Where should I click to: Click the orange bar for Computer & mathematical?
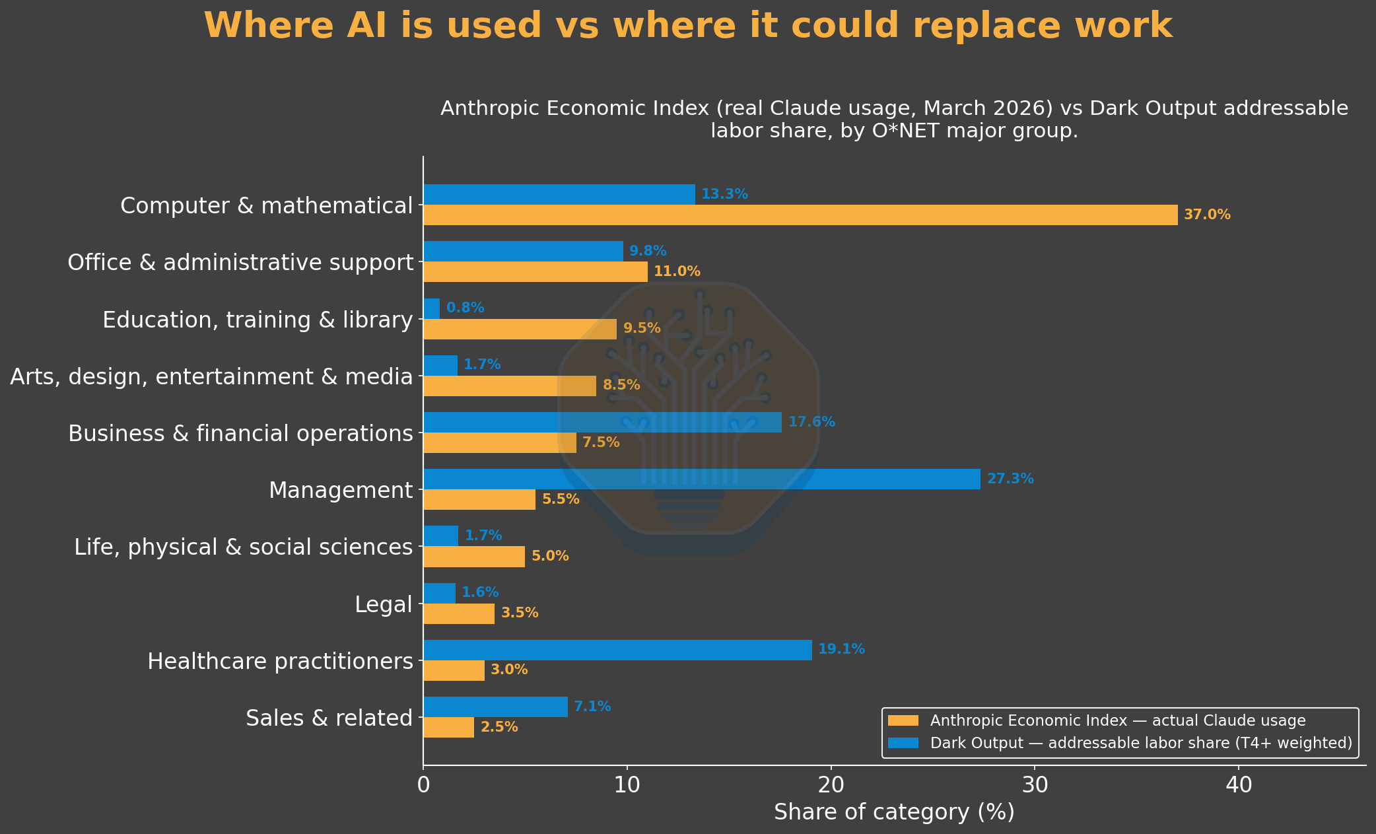(800, 215)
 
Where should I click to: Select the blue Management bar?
(702, 479)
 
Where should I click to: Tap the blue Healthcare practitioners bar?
(617, 650)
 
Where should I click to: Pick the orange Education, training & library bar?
(520, 329)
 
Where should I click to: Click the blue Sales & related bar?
(495, 707)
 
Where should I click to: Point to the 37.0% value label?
(1207, 215)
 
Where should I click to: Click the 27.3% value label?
(1010, 479)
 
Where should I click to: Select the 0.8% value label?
(465, 308)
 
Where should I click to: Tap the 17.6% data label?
(811, 422)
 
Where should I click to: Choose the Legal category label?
(384, 604)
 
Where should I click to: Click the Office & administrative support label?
(240, 263)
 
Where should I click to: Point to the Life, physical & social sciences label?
(244, 547)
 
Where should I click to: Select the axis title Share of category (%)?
(894, 812)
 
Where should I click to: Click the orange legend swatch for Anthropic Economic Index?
(903, 720)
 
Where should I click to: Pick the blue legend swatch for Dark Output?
(903, 743)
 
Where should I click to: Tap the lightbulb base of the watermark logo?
(689, 507)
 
